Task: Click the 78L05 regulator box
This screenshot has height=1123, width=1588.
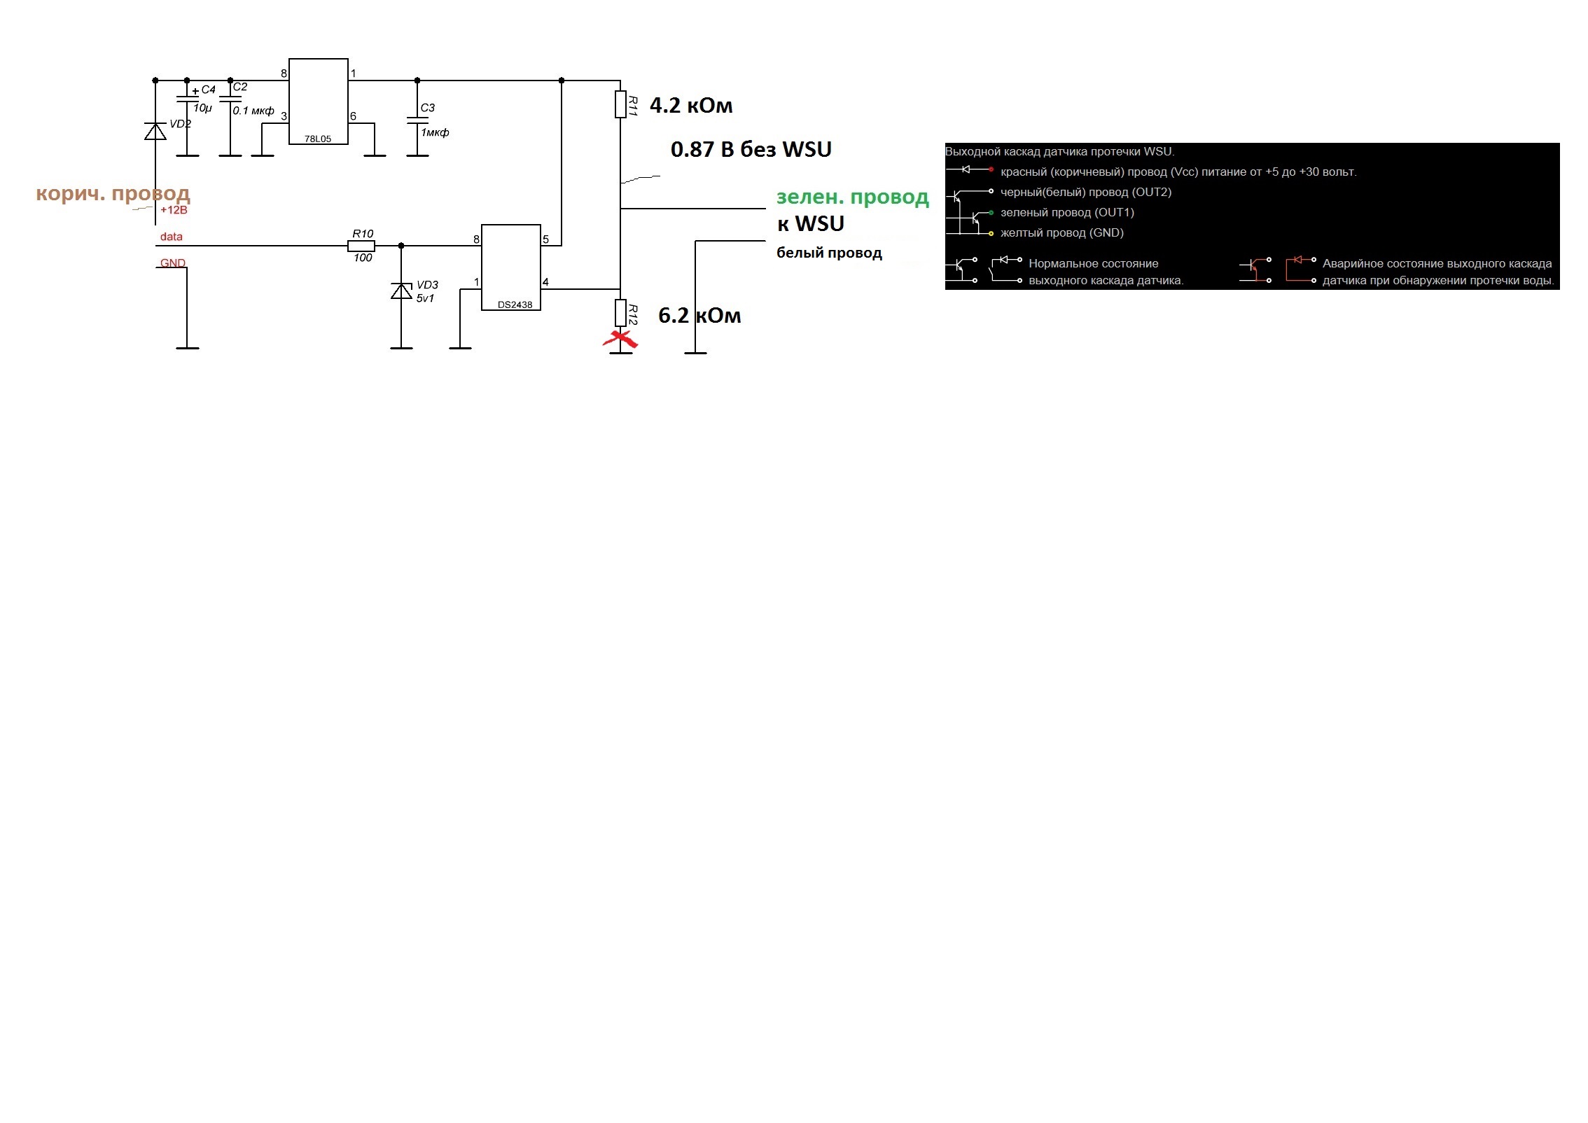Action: point(319,102)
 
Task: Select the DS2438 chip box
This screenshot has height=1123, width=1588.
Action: point(511,267)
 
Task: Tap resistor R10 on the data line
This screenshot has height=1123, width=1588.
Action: point(361,246)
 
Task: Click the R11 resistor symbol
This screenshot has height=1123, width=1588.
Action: point(620,104)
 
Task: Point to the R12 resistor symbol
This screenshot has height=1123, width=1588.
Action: point(620,313)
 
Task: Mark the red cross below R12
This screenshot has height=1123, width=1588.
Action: point(620,340)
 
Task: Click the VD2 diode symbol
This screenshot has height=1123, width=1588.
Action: point(155,131)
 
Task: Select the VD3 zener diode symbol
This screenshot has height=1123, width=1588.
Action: point(401,291)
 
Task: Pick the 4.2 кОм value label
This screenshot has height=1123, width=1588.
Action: point(691,106)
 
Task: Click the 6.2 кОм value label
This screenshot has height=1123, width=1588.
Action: point(699,316)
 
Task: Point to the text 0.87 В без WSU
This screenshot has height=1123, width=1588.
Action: point(751,149)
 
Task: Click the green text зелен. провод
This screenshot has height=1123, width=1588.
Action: point(853,197)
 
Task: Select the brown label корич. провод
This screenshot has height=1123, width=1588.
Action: point(113,194)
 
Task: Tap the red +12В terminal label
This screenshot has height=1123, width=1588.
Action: point(174,210)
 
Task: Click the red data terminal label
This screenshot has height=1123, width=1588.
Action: point(171,237)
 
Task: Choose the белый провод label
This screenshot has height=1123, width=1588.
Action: point(829,253)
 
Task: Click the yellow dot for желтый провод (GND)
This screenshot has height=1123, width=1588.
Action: point(991,233)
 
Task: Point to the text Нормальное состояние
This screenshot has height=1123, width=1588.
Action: point(1093,264)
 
